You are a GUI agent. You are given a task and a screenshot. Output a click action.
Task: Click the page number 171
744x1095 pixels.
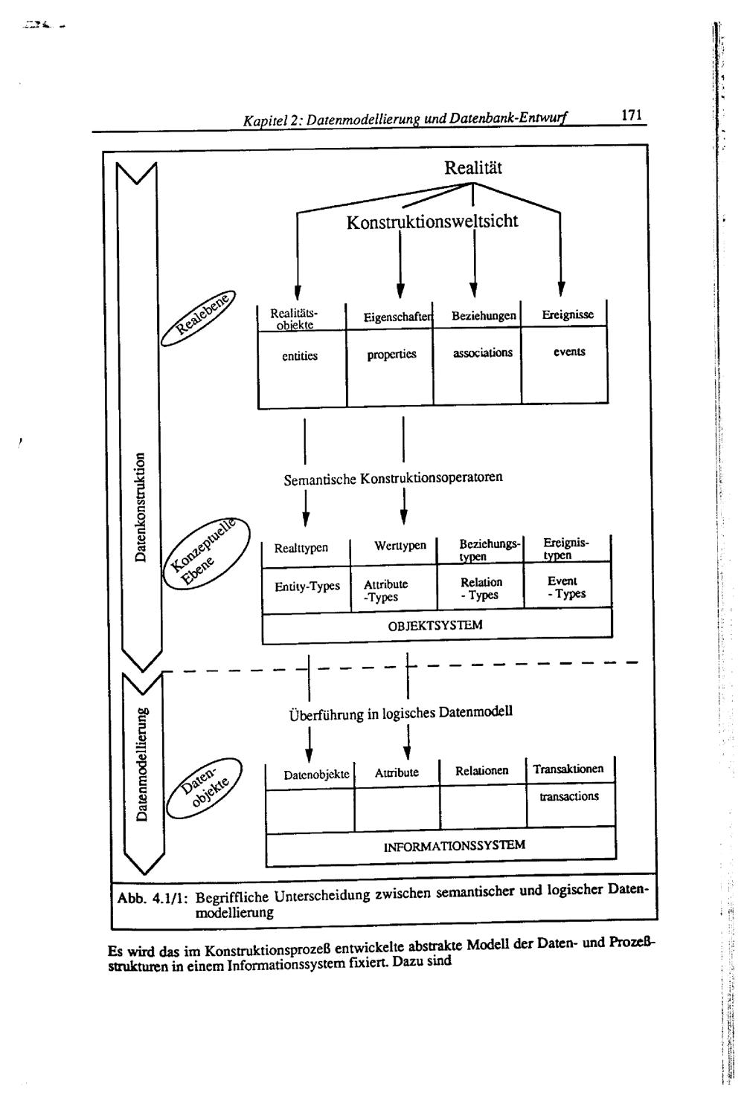pos(629,116)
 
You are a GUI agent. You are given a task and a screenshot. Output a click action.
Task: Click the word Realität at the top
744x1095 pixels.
pos(473,169)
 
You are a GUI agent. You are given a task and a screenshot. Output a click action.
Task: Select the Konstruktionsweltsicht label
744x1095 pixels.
pos(432,222)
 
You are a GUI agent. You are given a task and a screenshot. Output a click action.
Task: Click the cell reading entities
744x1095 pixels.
pos(300,356)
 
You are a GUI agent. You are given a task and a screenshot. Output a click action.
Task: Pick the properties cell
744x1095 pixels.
pos(391,355)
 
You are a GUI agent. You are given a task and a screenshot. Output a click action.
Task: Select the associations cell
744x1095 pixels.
pos(483,352)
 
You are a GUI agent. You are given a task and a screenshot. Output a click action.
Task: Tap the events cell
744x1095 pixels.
pos(569,352)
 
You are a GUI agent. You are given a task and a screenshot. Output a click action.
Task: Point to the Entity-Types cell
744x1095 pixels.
pos(307,587)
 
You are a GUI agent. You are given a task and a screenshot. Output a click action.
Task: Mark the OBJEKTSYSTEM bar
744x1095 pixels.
pos(435,626)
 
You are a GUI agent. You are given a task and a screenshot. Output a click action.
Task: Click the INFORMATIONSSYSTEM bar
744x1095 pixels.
pos(454,846)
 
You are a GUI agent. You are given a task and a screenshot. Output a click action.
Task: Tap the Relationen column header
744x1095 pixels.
pos(482,771)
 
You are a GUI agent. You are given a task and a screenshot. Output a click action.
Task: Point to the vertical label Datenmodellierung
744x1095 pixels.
pos(141,765)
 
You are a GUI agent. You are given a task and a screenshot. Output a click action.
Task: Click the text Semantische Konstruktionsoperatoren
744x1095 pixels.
pos(393,478)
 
